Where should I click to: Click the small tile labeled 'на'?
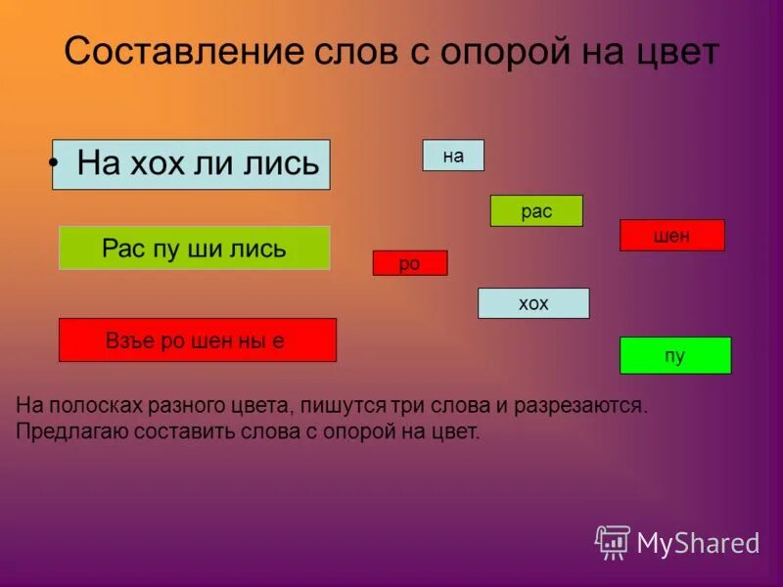pyautogui.click(x=453, y=156)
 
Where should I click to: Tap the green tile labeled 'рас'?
pyautogui.click(x=536, y=211)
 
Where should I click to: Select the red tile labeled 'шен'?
pyautogui.click(x=671, y=236)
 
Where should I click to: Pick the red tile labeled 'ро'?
pyautogui.click(x=409, y=263)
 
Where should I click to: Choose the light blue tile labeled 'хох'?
pyautogui.click(x=533, y=303)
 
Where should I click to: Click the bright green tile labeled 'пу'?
pyautogui.click(x=674, y=355)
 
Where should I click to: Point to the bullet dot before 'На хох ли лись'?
pyautogui.click(x=59, y=163)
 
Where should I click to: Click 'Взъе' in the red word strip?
pyautogui.click(x=129, y=340)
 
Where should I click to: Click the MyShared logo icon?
pyautogui.click(x=613, y=541)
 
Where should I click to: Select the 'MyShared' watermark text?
pyautogui.click(x=698, y=543)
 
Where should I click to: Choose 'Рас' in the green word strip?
pyautogui.click(x=122, y=248)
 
